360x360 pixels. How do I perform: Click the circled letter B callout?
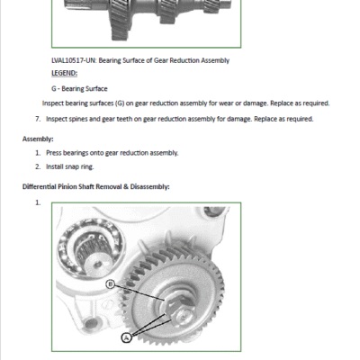tap(111, 283)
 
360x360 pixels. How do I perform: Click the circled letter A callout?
tap(127, 337)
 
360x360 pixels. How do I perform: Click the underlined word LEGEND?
tap(65, 73)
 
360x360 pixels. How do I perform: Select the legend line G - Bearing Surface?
tap(79, 89)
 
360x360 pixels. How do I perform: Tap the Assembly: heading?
tap(38, 139)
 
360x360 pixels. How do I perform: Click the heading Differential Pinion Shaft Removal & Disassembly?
tap(96, 186)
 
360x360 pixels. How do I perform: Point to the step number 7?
tap(38, 119)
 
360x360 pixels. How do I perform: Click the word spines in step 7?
tap(78, 119)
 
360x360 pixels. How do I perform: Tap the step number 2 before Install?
tap(38, 166)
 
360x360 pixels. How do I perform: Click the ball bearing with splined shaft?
tap(91, 248)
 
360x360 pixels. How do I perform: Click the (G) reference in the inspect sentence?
tap(120, 103)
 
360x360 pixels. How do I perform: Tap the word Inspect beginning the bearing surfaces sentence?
tap(53, 103)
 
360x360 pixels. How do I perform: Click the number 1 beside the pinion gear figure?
tap(38, 202)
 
